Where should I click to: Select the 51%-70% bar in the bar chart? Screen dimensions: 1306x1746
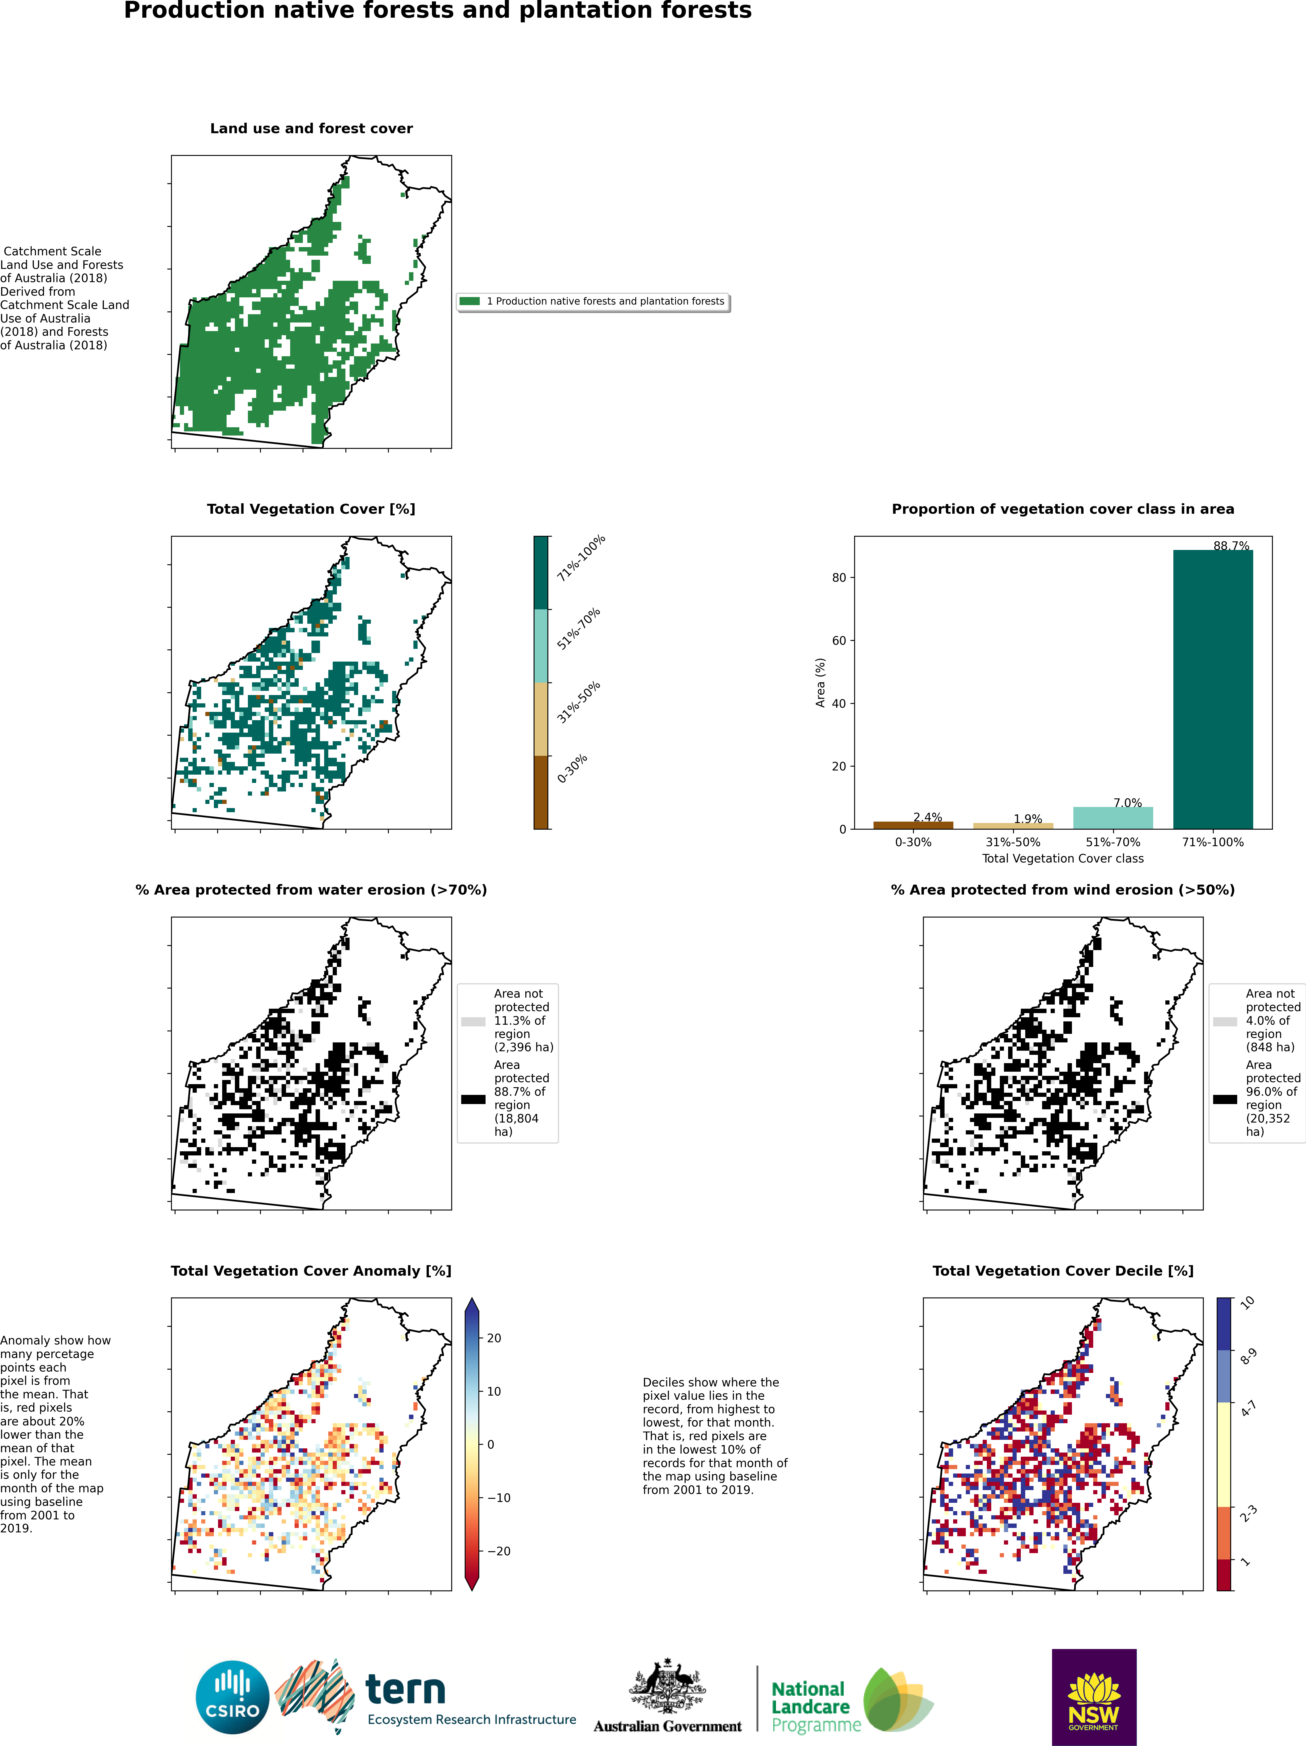pos(1113,818)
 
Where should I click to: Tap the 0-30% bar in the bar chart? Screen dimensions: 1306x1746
pos(913,825)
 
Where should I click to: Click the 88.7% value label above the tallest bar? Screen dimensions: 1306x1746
pos(1231,546)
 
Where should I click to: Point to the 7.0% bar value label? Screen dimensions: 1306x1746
pos(1128,803)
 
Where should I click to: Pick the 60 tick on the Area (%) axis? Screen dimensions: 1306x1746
pos(839,640)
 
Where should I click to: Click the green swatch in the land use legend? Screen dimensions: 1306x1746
pos(470,301)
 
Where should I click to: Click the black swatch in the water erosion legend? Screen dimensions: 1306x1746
pos(473,1099)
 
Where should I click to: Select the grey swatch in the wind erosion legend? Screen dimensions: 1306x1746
pos(1225,1021)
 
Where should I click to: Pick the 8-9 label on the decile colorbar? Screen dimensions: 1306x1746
pos(1249,1356)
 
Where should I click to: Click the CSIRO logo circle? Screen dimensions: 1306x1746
pos(233,1697)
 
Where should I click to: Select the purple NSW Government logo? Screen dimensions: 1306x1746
pos(1094,1697)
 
